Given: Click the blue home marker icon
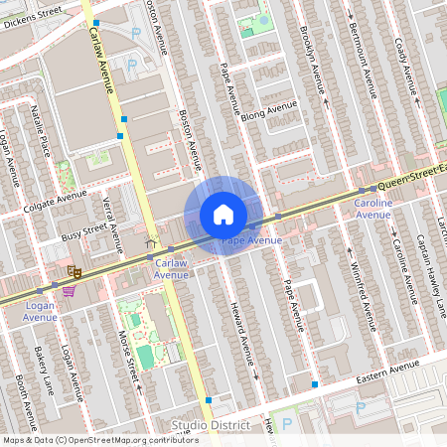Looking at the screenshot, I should tap(223, 215).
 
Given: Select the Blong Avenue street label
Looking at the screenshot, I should tap(268, 112).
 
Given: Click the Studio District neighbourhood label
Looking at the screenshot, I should tap(212, 426).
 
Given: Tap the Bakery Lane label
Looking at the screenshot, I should tap(43, 369).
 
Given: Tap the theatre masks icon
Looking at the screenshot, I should tap(73, 269).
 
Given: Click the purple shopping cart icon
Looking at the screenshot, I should tap(69, 290).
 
